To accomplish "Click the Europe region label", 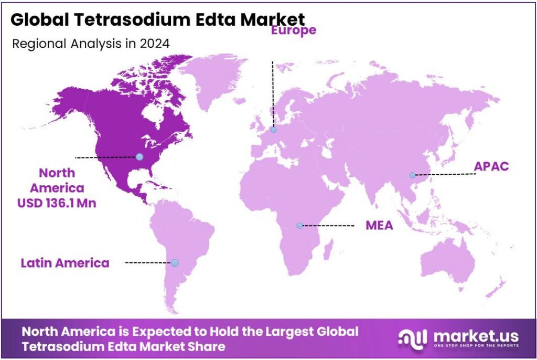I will tap(293, 30).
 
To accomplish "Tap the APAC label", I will tap(491, 166).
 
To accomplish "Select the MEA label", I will tap(379, 226).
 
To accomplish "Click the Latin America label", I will tap(65, 262).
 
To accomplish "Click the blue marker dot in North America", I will tap(139, 156).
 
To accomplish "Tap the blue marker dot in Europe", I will tap(273, 130).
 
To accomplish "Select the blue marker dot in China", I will tap(412, 175).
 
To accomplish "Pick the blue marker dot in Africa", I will tap(299, 226).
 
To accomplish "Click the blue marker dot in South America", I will tap(175, 262).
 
